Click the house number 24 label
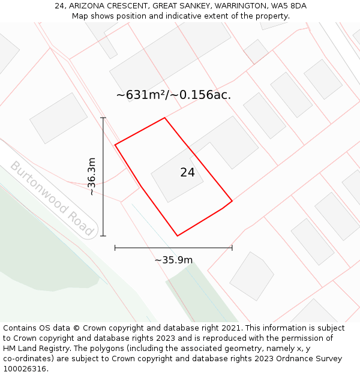pos(187,173)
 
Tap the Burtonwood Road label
pos(52,199)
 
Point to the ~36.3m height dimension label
pos(91,176)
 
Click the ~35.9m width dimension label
pos(173,260)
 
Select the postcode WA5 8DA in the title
pos(289,5)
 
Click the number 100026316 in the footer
pos(25,369)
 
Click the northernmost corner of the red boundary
pos(164,118)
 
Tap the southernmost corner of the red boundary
pos(178,236)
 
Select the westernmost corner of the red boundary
pos(115,145)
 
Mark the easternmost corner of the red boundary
pos(232,201)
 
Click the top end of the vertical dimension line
pos(103,118)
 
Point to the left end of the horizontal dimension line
pos(115,247)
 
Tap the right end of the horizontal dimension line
pos(232,247)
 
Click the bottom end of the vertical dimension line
pos(103,236)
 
